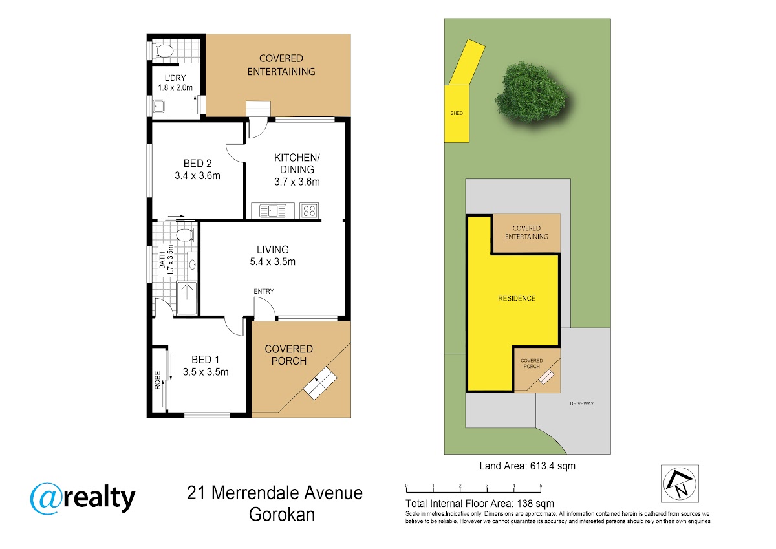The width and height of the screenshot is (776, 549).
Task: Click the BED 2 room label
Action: pyautogui.click(x=197, y=163)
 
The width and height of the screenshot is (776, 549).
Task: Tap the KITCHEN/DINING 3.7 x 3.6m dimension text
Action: pyautogui.click(x=297, y=182)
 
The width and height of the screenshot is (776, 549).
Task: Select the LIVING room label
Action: pyautogui.click(x=273, y=250)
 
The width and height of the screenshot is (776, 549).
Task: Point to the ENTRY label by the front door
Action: pyautogui.click(x=264, y=291)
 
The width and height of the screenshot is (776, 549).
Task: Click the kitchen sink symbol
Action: pyautogui.click(x=273, y=211)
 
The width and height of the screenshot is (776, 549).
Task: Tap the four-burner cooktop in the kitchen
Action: pyautogui.click(x=309, y=211)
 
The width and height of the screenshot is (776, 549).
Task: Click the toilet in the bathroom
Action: pyautogui.click(x=186, y=235)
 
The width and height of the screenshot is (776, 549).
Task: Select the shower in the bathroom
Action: pyautogui.click(x=187, y=298)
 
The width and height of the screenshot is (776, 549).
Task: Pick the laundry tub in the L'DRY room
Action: pyautogui.click(x=159, y=106)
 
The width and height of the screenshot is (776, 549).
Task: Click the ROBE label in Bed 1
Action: pyautogui.click(x=158, y=380)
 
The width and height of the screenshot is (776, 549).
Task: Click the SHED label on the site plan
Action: pyautogui.click(x=457, y=113)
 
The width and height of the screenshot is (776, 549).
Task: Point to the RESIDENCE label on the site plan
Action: pyautogui.click(x=517, y=298)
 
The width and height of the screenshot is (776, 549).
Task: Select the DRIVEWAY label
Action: pyautogui.click(x=581, y=404)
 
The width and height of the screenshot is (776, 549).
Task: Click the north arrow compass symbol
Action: pyautogui.click(x=680, y=484)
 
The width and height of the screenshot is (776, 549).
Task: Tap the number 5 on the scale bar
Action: pyautogui.click(x=541, y=486)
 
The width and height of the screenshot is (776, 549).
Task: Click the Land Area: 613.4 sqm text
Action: pyautogui.click(x=527, y=466)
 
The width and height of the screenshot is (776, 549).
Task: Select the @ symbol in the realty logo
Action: pyautogui.click(x=47, y=499)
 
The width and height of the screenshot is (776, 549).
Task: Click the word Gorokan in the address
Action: pyautogui.click(x=282, y=514)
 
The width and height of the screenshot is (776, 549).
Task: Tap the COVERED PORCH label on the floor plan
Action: pyautogui.click(x=289, y=355)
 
